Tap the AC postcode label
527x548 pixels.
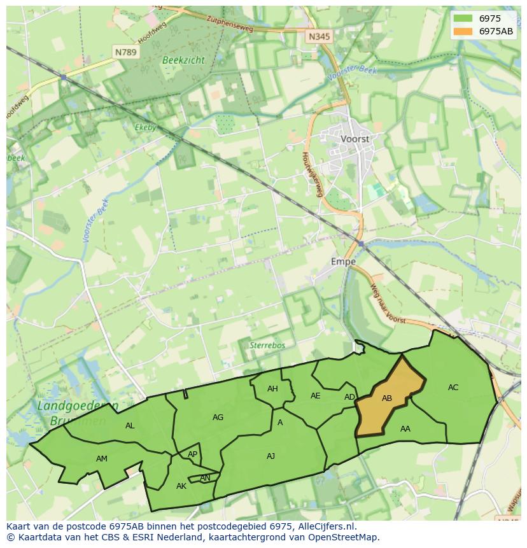453,388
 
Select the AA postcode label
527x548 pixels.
405,429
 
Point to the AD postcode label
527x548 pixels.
349,397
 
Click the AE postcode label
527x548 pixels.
316,396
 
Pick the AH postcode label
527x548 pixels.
272,389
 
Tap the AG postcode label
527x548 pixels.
218,418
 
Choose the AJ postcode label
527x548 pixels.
271,456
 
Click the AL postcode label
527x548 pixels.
130,426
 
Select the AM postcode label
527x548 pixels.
102,459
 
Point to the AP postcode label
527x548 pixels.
192,454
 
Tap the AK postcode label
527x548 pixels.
181,486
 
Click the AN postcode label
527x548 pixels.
205,478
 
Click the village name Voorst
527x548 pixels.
355,138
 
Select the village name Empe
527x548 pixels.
343,262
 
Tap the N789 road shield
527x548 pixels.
125,52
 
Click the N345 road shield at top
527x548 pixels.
319,37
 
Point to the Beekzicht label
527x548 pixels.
183,60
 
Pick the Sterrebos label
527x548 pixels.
267,345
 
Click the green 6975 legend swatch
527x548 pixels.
463,18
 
